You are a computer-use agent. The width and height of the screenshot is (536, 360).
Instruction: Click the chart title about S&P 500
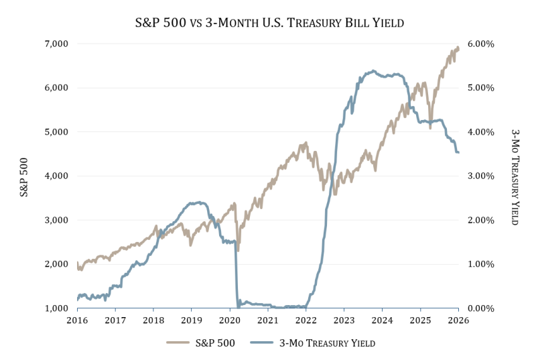[x=268, y=23]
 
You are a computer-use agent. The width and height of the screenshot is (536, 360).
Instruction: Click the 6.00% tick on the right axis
[x=480, y=44]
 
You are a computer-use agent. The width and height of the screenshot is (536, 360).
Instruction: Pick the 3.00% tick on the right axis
[x=480, y=176]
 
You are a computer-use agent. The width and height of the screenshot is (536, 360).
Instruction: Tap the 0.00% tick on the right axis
[x=480, y=308]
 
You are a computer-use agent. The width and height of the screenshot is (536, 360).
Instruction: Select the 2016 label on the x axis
[x=77, y=320]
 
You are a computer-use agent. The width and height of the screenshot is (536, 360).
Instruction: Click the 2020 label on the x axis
[x=230, y=320]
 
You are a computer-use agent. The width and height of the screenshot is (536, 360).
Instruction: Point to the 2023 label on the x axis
[x=344, y=320]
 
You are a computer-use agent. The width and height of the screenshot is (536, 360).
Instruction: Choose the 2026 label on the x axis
[x=458, y=320]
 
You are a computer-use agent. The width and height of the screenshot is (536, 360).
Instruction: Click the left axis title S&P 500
[x=24, y=176]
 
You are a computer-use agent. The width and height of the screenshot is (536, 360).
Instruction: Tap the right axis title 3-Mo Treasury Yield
[x=515, y=176]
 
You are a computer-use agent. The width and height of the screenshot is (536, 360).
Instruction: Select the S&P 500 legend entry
[x=201, y=343]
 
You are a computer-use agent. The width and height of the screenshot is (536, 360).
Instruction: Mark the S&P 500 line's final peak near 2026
[x=458, y=48]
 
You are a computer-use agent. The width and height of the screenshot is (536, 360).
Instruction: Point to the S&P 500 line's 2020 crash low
[x=238, y=250]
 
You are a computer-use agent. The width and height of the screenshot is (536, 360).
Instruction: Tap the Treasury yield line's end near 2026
[x=458, y=153]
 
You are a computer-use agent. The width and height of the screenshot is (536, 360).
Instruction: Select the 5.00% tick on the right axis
[x=480, y=88]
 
